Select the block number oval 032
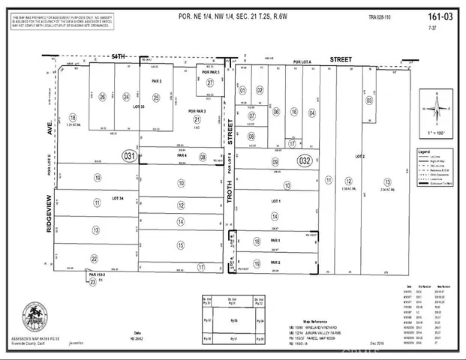click(304, 160)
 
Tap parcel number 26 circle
click(102, 97)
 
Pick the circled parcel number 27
click(211, 82)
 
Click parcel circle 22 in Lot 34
click(94, 258)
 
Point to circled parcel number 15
click(180, 244)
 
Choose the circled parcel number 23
click(92, 281)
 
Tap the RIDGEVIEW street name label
click(49, 214)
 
